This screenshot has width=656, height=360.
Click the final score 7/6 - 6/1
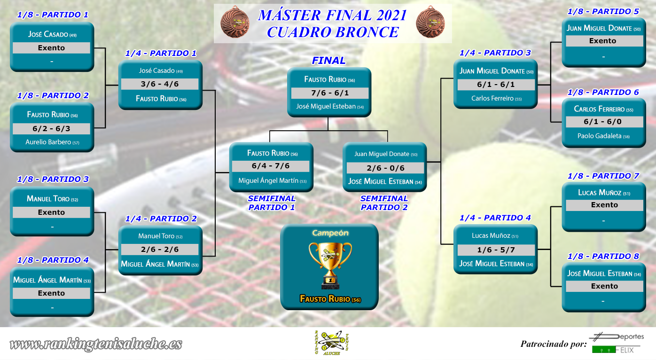coord(330,93)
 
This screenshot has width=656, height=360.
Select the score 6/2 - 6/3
coord(51,129)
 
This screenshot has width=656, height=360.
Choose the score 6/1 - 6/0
coord(603,122)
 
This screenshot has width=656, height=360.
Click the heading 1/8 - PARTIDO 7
coord(603,176)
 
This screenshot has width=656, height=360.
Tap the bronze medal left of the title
coord(235,22)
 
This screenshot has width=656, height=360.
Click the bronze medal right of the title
coord(430,22)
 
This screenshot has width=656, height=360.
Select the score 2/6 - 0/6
coord(385,168)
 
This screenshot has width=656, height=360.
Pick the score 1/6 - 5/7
coord(496,250)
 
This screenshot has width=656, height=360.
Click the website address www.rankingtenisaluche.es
coord(96,344)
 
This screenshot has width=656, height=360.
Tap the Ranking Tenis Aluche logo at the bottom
coord(331,343)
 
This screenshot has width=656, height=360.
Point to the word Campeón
coord(330,233)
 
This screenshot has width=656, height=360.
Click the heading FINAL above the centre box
coord(328,60)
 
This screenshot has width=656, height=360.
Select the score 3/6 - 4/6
coord(160,84)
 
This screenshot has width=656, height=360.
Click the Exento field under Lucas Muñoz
coord(604,205)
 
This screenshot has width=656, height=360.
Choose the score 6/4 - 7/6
coord(271,166)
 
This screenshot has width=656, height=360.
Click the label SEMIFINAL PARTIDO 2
coord(384,203)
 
